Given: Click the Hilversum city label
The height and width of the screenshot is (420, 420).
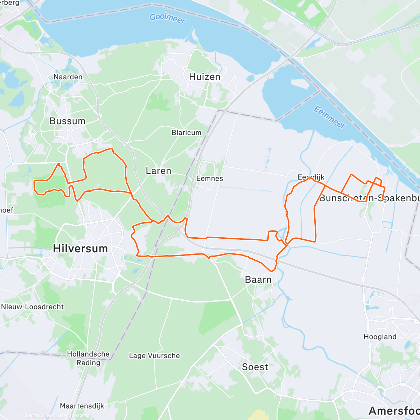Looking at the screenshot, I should (80, 248).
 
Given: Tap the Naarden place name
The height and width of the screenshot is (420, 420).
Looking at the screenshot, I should (68, 77).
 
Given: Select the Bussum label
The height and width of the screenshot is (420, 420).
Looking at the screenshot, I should (68, 121).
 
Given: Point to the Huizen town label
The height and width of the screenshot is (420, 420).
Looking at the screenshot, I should (205, 77).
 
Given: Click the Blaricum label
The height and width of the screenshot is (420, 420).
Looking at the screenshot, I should (186, 133).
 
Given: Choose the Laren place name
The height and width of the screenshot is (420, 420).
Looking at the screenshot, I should (159, 171).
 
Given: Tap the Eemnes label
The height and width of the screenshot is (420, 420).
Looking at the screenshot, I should (210, 178).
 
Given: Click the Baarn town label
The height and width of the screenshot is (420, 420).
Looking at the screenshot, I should (258, 280).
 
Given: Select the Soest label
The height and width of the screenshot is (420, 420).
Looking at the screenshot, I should (255, 367).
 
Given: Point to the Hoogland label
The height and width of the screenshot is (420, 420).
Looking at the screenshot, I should (380, 337).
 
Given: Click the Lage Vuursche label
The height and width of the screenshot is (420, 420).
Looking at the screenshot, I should (154, 356).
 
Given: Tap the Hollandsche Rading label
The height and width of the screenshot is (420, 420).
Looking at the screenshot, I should (88, 358).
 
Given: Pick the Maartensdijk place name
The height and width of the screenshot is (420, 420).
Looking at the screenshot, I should (82, 406).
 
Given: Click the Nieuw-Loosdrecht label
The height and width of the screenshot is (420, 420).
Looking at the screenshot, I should (33, 307).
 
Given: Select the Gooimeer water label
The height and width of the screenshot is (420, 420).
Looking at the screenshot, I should (167, 18).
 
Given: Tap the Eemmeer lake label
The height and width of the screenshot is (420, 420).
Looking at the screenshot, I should (329, 117).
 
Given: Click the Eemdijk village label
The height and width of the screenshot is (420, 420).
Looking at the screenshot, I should (311, 177).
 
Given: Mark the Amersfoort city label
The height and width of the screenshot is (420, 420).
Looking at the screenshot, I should (394, 411).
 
